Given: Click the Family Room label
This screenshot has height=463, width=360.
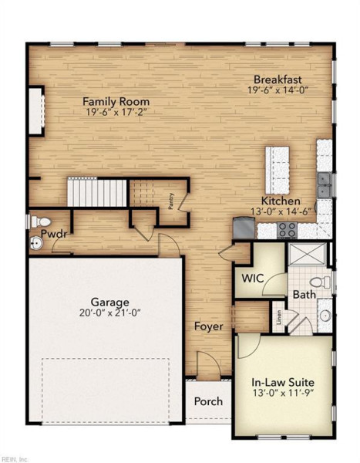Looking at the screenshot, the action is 116,102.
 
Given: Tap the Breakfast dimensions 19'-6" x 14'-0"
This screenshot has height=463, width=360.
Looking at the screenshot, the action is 278,90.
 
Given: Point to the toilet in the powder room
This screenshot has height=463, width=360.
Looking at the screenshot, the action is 41,221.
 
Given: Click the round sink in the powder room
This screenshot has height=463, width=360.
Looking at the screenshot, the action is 37,243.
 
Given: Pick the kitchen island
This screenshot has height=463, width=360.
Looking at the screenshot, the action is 277,170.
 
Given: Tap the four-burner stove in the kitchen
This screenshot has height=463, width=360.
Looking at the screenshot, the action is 287,230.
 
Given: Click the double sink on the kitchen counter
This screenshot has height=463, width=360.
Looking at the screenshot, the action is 324,185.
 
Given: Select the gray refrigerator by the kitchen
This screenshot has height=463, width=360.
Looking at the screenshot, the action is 244,228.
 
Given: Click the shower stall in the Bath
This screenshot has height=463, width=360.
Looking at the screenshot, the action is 307,254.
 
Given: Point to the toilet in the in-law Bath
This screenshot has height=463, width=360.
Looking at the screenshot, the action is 321,282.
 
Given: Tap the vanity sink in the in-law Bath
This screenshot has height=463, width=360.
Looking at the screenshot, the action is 325,315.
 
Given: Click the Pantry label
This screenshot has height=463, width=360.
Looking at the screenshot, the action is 171,201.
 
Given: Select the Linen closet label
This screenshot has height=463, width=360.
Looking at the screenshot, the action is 279,317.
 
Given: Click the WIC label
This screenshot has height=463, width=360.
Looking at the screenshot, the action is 253,279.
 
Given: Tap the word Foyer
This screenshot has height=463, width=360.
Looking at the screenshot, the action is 209,326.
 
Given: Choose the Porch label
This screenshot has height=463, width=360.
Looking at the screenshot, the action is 208,401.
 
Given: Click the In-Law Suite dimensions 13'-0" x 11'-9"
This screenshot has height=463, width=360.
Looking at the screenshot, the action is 283,393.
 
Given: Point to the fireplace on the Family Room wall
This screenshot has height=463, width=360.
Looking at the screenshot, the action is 36,111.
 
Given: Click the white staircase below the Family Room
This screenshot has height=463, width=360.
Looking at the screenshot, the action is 97,192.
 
